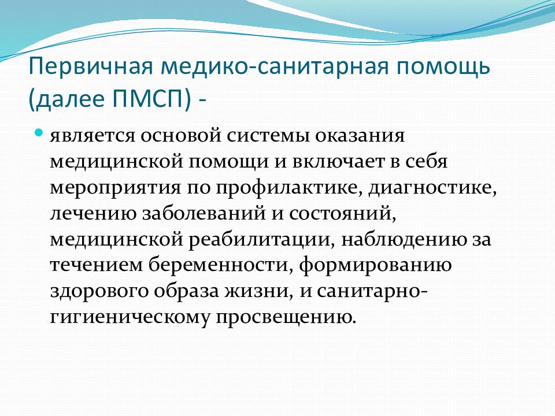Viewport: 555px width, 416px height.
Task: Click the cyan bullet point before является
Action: click(39, 133)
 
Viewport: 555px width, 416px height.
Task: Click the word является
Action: click(92, 135)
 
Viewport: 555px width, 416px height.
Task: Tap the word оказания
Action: click(360, 135)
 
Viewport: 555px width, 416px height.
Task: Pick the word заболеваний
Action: click(204, 213)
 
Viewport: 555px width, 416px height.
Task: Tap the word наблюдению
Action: click(404, 240)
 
